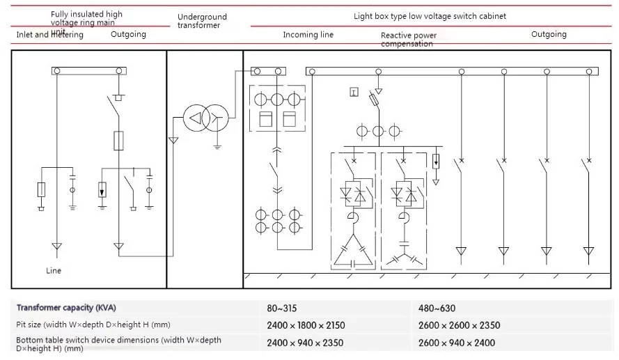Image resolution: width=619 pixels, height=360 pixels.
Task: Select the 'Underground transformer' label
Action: pyautogui.click(x=202, y=21)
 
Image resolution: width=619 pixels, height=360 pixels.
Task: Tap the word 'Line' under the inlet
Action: pyautogui.click(x=54, y=271)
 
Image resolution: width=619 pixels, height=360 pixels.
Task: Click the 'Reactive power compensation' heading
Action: pyautogui.click(x=409, y=40)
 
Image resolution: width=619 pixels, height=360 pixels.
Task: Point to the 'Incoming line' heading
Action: pyautogui.click(x=308, y=35)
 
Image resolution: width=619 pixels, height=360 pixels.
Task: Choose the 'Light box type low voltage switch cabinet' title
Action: pyautogui.click(x=430, y=16)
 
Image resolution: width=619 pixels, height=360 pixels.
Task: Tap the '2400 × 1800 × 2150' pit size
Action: pyautogui.click(x=306, y=325)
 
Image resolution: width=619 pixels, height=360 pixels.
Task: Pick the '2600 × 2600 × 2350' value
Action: pyautogui.click(x=459, y=325)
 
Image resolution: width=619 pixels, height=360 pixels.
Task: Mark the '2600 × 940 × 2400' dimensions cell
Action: pyautogui.click(x=457, y=343)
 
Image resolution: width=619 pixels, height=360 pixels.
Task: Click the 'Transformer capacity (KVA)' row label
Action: pyautogui.click(x=66, y=308)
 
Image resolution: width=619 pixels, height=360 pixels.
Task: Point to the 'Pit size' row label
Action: pyautogui.click(x=93, y=324)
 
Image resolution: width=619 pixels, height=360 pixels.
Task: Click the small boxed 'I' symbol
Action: pyautogui.click(x=354, y=92)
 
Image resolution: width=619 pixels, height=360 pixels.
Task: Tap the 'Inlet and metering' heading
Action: pyautogui.click(x=49, y=35)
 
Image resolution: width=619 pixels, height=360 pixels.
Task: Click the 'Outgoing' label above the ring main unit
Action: pyautogui.click(x=129, y=34)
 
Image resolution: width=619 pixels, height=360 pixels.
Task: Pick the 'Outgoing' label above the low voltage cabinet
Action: pyautogui.click(x=549, y=34)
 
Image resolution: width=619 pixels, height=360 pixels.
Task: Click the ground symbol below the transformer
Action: pyautogui.click(x=217, y=146)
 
